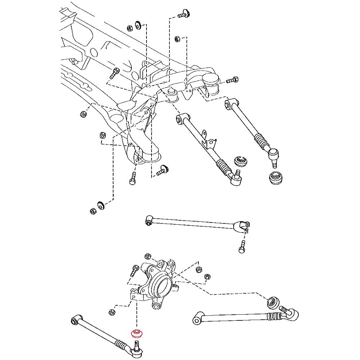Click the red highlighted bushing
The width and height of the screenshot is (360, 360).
click(x=137, y=333)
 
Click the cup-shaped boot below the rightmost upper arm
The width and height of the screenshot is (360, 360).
click(x=276, y=178)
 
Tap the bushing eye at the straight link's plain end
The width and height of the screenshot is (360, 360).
click(x=149, y=220)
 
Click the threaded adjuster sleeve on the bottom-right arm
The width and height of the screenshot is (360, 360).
click(x=275, y=317)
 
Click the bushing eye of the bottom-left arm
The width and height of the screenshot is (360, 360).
click(x=75, y=319)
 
